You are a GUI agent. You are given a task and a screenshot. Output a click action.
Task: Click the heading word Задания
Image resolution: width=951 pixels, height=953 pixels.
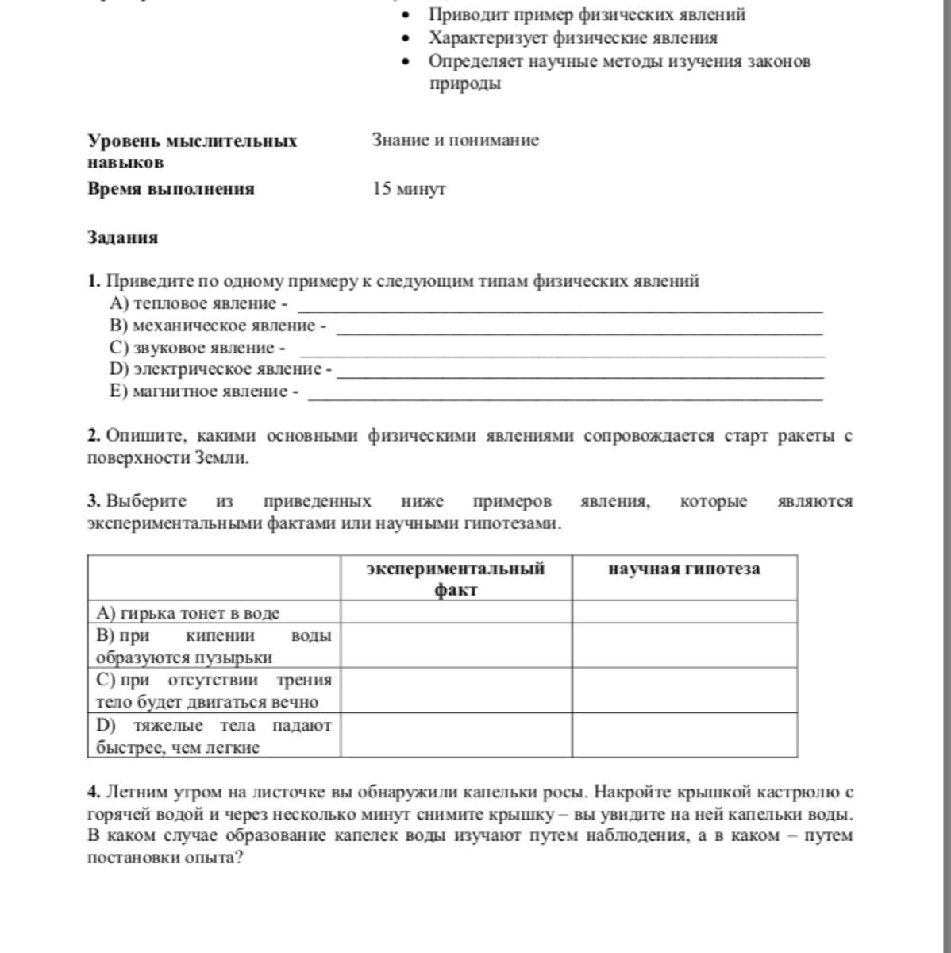tap(122, 237)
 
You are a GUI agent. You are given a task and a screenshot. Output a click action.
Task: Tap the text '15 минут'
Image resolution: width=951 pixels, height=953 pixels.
tap(409, 189)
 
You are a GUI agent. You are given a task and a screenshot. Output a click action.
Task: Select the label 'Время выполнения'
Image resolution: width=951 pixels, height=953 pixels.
tap(171, 189)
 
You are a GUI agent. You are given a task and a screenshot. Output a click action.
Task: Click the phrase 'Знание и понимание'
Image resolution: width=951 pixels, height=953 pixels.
tap(455, 141)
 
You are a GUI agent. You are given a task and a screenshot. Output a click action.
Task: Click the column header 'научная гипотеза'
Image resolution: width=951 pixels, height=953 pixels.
tap(684, 569)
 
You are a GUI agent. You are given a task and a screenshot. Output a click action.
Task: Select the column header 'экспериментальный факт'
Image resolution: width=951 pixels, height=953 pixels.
tap(456, 578)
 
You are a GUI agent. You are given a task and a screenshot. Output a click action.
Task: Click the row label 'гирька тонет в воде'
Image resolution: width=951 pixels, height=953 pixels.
tap(188, 612)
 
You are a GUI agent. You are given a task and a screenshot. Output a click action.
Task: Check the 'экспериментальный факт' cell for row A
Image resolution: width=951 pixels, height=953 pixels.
tap(456, 612)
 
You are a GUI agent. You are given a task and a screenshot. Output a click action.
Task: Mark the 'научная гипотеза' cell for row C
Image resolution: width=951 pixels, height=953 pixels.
tap(684, 690)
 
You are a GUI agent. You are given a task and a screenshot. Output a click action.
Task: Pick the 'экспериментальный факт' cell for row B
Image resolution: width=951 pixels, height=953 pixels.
tap(456, 645)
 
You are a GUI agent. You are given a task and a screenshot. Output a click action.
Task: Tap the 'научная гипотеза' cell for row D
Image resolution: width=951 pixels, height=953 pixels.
tap(684, 735)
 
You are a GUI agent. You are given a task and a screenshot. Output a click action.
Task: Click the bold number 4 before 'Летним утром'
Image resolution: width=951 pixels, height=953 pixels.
tap(94, 792)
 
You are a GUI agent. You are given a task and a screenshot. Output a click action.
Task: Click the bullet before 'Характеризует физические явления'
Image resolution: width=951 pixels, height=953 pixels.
tap(406, 38)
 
